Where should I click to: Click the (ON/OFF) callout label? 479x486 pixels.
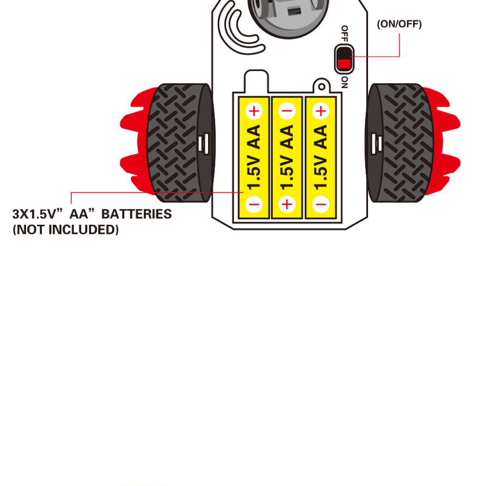[399, 24]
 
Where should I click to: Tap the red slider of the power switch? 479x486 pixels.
[344, 63]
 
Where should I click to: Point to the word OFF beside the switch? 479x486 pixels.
[344, 33]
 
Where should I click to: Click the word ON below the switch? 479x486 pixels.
[344, 83]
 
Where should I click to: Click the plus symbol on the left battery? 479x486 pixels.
[254, 111]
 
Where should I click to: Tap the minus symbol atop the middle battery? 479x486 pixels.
[287, 111]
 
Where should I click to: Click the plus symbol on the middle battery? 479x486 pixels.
[287, 204]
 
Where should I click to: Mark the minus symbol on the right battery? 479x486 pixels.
[320, 204]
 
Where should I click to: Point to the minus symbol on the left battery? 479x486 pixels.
[254, 204]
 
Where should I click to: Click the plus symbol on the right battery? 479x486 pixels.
[320, 111]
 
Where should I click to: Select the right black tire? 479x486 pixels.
[400, 143]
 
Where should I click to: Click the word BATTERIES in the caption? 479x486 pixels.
[136, 214]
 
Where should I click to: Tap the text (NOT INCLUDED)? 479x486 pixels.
[65, 230]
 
